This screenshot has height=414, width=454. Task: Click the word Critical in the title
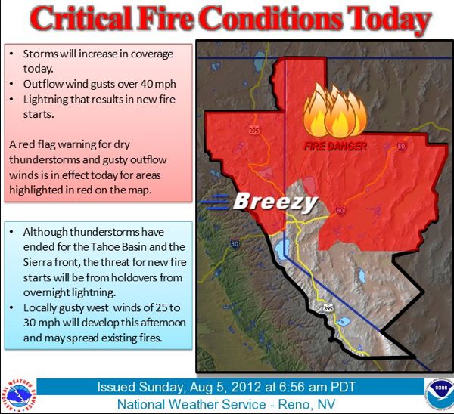coord(82,18)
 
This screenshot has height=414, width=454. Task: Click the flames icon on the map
coord(335,110)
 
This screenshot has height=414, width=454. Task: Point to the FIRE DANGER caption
coord(335,147)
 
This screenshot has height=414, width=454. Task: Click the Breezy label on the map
coord(275,202)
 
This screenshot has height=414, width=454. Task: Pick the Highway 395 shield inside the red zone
coord(254,131)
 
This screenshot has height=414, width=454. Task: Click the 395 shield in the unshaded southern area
coord(328,307)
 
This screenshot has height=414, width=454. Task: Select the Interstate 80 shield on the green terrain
coord(235,243)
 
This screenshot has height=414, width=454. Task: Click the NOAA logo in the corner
coord(440,393)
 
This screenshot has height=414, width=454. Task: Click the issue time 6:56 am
coord(305,387)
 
